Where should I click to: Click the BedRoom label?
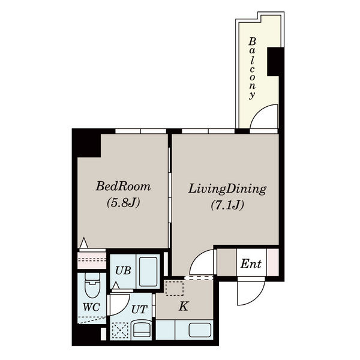point(123,186)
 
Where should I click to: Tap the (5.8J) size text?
point(123,203)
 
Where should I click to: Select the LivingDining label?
point(227,189)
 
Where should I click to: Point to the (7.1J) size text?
point(227,205)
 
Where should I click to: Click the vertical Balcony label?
point(253,68)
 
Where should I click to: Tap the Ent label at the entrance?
point(251,264)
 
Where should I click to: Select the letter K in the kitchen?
point(184,306)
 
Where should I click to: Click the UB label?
point(123,271)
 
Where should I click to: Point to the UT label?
point(139,310)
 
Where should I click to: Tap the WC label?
point(91,307)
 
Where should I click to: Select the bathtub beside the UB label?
point(148,272)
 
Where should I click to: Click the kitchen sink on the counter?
point(200,330)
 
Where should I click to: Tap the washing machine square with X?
point(120,331)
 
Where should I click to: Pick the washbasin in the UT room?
point(142,330)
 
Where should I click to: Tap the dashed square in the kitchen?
point(175,288)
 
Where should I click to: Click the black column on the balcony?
point(275,62)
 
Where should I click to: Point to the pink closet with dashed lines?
point(92,260)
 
